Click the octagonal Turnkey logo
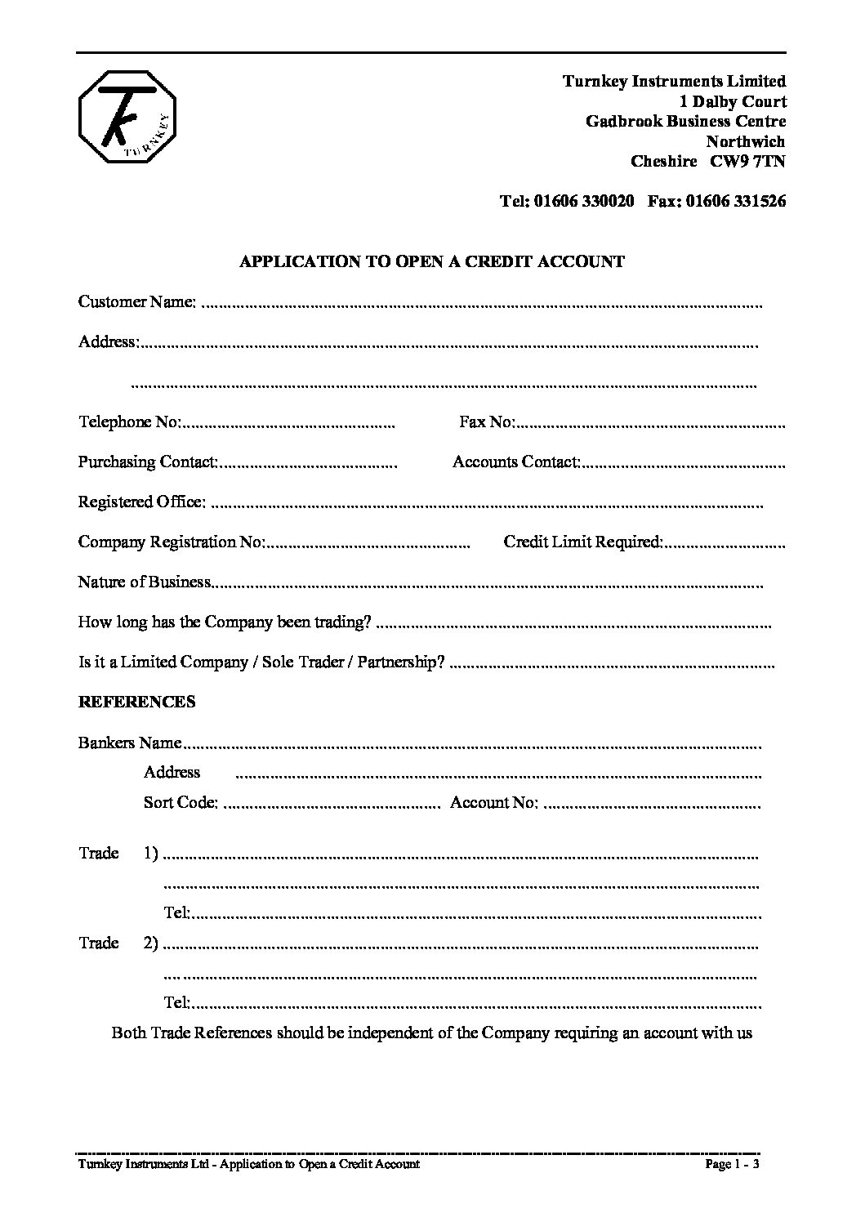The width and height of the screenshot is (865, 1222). (127, 117)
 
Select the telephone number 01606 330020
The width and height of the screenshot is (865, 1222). (584, 201)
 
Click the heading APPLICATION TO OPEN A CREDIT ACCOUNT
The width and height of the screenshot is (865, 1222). (431, 262)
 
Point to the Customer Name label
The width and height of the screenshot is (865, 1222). (136, 302)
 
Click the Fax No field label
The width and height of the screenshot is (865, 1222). (486, 422)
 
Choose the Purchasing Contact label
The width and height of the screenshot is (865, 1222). (148, 462)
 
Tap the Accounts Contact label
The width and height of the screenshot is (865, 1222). (516, 462)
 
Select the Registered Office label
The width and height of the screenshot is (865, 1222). (141, 502)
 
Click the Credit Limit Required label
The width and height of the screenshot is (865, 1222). (583, 542)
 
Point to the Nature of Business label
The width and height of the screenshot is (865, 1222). (145, 582)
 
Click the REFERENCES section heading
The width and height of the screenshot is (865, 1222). (136, 702)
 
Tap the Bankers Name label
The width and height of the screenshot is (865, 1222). (130, 743)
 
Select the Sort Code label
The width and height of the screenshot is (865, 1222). (181, 803)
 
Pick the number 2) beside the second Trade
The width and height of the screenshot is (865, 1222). (151, 943)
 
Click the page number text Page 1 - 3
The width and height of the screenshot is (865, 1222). (732, 1164)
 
